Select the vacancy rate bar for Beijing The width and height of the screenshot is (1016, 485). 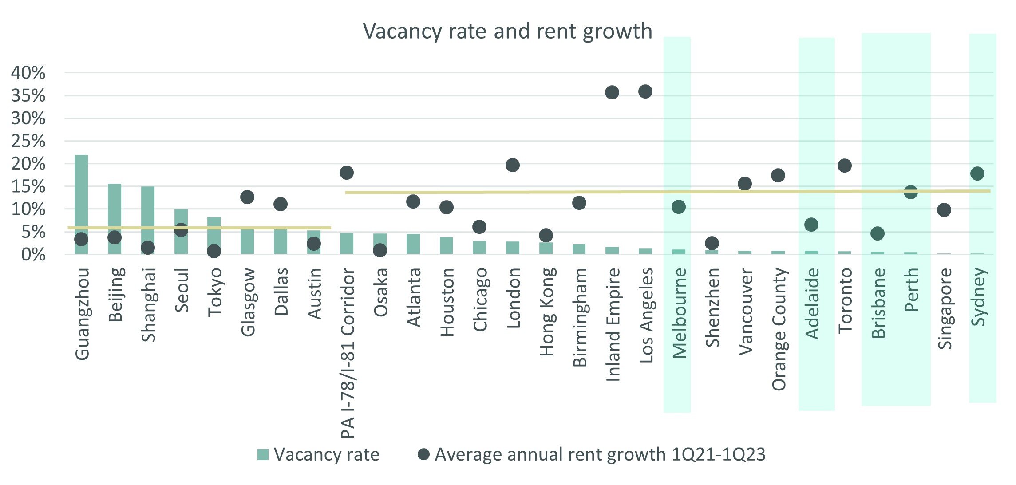(x=115, y=209)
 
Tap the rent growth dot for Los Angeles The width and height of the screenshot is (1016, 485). (x=645, y=92)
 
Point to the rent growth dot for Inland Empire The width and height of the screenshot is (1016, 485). (x=612, y=92)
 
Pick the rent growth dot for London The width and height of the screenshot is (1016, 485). (x=513, y=165)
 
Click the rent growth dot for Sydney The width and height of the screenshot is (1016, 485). (x=977, y=173)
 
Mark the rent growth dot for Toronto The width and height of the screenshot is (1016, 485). (x=844, y=166)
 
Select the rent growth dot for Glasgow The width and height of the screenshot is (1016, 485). (x=247, y=197)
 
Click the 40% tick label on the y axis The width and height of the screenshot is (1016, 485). (x=28, y=73)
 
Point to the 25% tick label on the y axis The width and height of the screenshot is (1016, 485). (x=28, y=142)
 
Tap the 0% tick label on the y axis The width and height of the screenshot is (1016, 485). (x=33, y=255)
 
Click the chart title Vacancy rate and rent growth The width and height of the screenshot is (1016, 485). (x=507, y=31)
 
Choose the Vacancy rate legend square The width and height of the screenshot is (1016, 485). (x=263, y=455)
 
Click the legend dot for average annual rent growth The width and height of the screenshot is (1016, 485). (x=424, y=454)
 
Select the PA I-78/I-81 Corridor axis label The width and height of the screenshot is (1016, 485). (x=348, y=353)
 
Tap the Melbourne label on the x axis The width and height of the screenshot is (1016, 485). (x=679, y=313)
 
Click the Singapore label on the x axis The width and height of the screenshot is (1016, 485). (x=945, y=309)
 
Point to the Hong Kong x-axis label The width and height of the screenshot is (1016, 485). (x=547, y=312)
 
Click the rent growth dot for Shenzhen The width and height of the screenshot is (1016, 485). (x=712, y=243)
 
